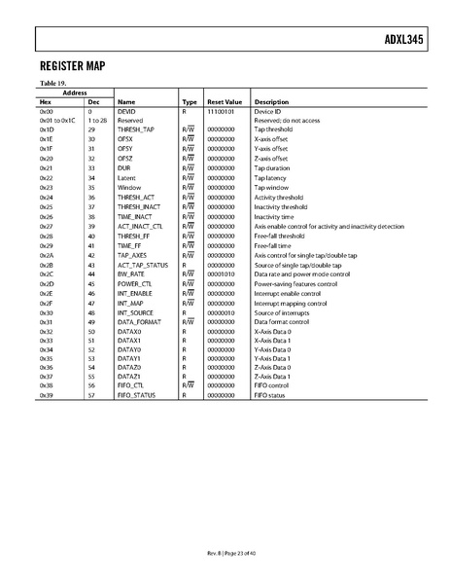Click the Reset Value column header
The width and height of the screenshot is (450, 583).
coord(223,101)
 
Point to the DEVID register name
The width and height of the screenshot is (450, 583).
coord(127,112)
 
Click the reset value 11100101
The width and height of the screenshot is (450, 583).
coord(222,112)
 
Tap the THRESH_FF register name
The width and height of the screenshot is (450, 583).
coord(135,236)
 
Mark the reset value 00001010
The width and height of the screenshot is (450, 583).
coord(222,273)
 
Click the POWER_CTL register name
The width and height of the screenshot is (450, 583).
coord(135,283)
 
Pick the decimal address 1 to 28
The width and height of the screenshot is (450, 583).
coord(96,121)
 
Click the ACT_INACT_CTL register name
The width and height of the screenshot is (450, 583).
coord(141,226)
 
